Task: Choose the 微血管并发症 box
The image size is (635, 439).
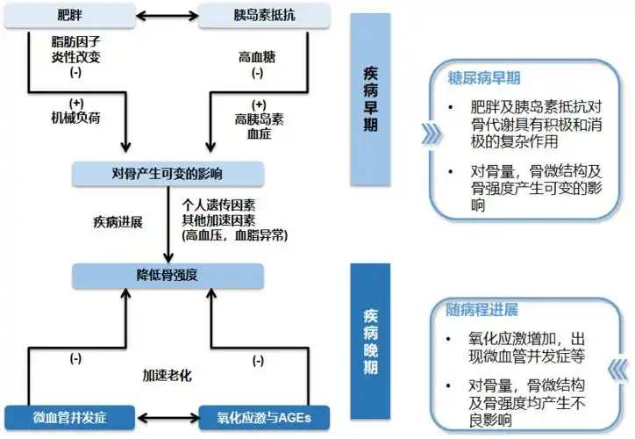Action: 69,414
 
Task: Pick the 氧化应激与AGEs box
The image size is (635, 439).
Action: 263,414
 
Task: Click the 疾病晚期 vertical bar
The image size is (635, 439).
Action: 371,343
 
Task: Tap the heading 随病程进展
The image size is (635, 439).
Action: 482,310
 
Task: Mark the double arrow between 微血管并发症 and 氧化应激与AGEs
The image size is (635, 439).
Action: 167,414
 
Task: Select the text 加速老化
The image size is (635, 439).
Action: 167,375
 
